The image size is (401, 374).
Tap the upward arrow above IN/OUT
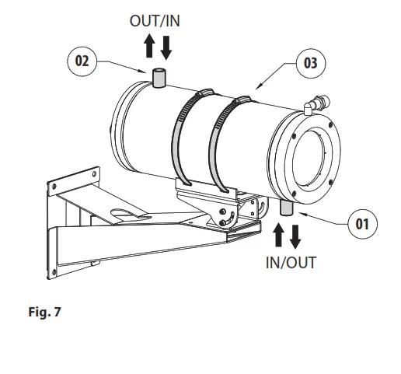[x=278, y=235]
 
